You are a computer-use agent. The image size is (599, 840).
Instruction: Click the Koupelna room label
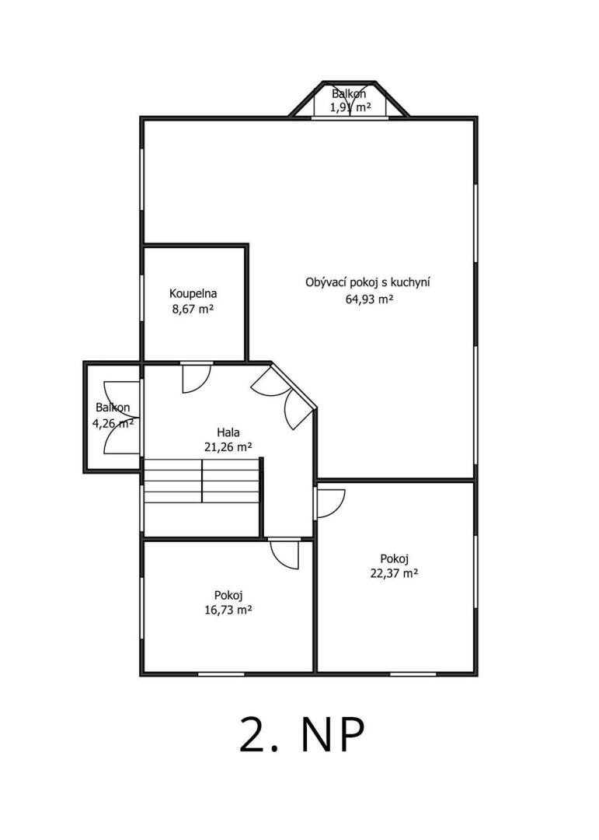(193, 293)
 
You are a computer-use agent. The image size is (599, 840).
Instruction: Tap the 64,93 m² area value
(369, 299)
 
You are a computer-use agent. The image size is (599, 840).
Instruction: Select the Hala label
(228, 432)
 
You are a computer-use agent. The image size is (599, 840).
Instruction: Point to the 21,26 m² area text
(228, 446)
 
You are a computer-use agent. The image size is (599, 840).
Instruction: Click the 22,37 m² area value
(394, 573)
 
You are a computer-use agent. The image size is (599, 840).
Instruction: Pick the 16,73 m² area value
(228, 610)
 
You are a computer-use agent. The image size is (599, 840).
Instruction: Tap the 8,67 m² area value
(193, 309)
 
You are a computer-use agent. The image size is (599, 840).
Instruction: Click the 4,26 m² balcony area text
(113, 423)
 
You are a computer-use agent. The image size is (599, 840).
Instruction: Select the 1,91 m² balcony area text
(350, 107)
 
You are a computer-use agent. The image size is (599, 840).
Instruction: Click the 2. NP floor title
(302, 735)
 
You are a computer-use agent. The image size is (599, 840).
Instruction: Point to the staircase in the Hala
(202, 481)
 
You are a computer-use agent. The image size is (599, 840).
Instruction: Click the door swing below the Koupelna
(197, 378)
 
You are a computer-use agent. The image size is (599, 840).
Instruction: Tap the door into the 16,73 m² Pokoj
(284, 553)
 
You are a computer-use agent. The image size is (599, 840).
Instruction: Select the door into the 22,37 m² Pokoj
(329, 502)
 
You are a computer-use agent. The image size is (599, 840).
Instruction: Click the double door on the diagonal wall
(284, 397)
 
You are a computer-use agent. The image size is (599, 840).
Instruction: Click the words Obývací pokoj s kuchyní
(367, 282)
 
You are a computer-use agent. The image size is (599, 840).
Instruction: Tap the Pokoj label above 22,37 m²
(395, 558)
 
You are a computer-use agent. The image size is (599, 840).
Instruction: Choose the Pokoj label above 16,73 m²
(228, 595)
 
